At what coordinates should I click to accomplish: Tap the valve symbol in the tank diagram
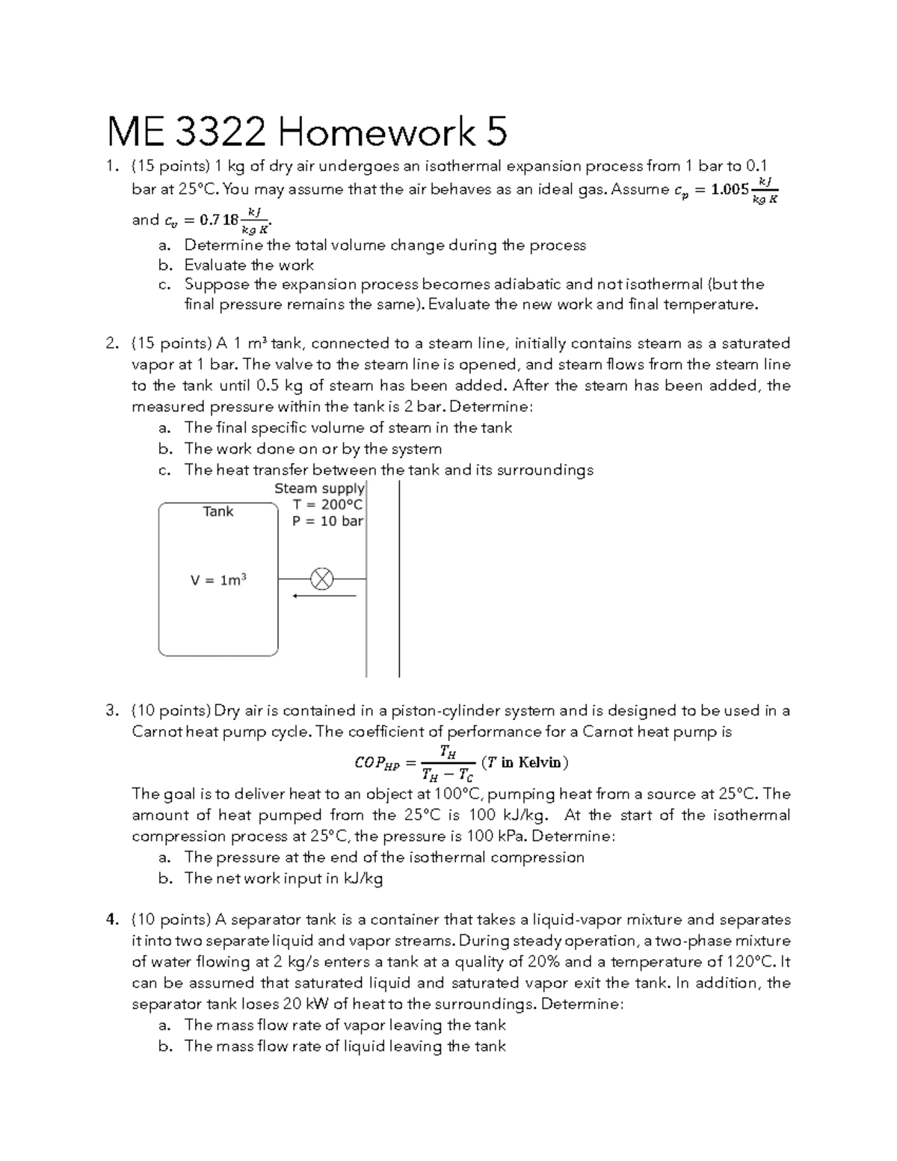(x=322, y=579)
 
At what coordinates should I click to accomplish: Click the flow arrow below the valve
(x=324, y=596)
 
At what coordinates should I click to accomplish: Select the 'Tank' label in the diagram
(x=218, y=511)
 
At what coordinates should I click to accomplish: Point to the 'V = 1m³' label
(x=218, y=580)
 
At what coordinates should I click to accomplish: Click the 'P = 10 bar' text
(x=327, y=521)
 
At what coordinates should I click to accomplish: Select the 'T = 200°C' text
(x=328, y=505)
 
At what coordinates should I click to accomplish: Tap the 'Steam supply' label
(x=319, y=488)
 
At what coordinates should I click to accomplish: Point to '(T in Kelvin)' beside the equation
(x=525, y=763)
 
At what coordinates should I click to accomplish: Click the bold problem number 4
(x=111, y=920)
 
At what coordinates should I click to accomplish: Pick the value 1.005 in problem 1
(x=730, y=189)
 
